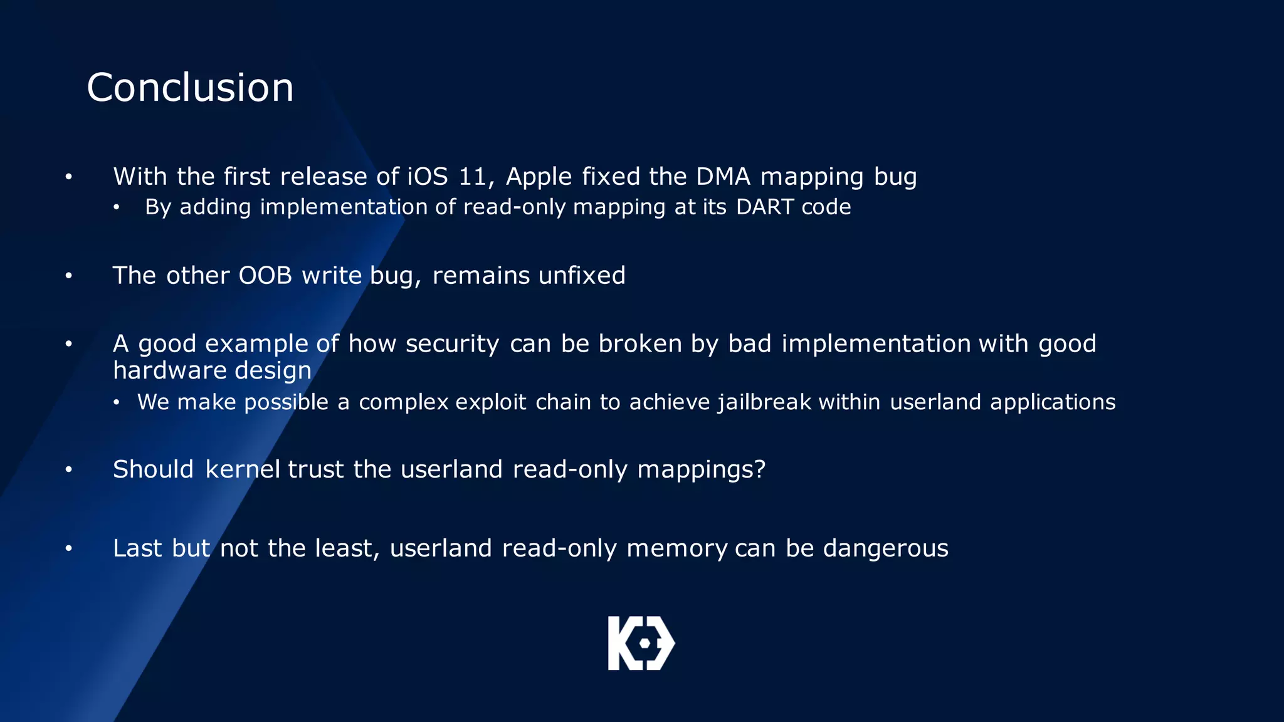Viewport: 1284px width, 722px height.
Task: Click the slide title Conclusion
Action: pos(190,87)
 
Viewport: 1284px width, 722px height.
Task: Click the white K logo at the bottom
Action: pos(641,643)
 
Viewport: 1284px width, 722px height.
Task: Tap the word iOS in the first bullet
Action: pos(428,177)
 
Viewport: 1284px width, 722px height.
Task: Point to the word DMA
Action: pos(723,177)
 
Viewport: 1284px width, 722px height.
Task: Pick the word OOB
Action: pos(265,276)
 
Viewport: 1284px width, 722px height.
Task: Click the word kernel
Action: pos(243,469)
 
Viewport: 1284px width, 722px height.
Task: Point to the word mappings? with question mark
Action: pos(701,469)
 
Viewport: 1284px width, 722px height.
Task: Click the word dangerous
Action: pos(885,548)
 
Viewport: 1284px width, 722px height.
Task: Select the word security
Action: pos(452,344)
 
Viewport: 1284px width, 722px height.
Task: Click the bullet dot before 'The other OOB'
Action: pos(68,276)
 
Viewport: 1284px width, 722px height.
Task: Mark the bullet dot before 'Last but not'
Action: pos(68,549)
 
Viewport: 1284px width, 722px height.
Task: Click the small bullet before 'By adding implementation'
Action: pos(116,207)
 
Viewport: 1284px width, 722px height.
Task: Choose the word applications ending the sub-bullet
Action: pos(1053,402)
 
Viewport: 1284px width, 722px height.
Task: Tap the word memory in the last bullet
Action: pos(676,549)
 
